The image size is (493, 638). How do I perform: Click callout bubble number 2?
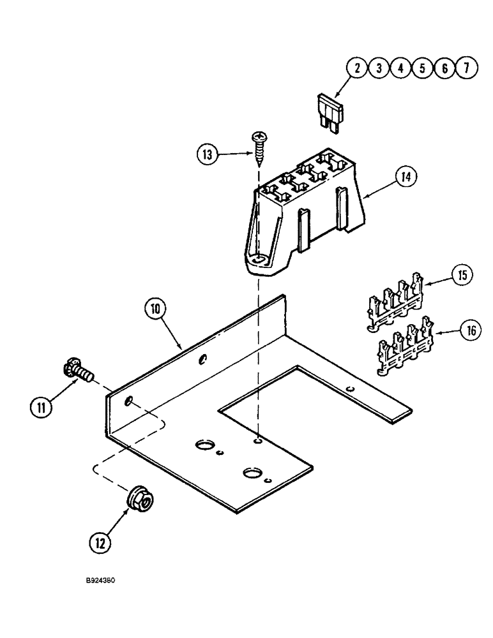click(358, 68)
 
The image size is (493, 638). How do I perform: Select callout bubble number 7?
click(467, 68)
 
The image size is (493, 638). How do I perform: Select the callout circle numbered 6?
click(445, 68)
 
